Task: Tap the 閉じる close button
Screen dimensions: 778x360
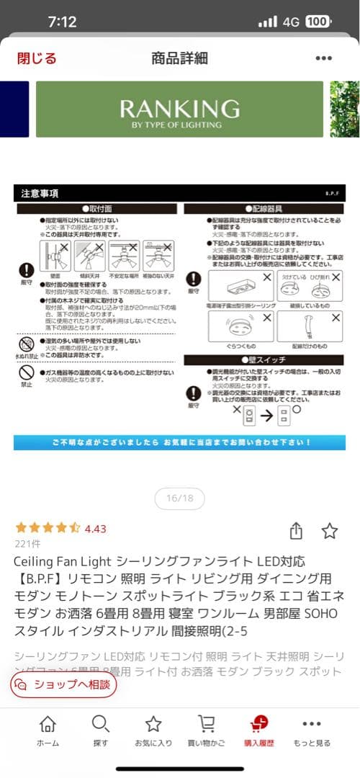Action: click(37, 58)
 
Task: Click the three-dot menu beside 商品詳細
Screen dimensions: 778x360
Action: click(323, 58)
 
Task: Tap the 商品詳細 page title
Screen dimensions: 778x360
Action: click(179, 58)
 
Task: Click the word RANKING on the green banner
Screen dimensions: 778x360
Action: click(179, 109)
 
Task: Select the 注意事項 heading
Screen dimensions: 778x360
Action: click(40, 194)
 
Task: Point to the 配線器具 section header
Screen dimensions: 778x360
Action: click(266, 208)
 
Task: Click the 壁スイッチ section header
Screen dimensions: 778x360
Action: click(266, 359)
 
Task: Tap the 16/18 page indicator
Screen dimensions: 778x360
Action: click(179, 498)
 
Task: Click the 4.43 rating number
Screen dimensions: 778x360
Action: click(95, 529)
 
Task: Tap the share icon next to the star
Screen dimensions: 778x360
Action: click(296, 531)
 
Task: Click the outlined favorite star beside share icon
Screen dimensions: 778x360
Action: click(330, 531)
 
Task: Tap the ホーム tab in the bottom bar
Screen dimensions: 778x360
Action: click(48, 731)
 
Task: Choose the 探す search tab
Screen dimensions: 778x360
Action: click(101, 731)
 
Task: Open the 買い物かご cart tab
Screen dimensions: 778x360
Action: click(206, 731)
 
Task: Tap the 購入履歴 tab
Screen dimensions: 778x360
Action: click(259, 731)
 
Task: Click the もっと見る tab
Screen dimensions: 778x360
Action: click(312, 731)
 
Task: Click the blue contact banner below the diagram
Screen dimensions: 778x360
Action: click(179, 442)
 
